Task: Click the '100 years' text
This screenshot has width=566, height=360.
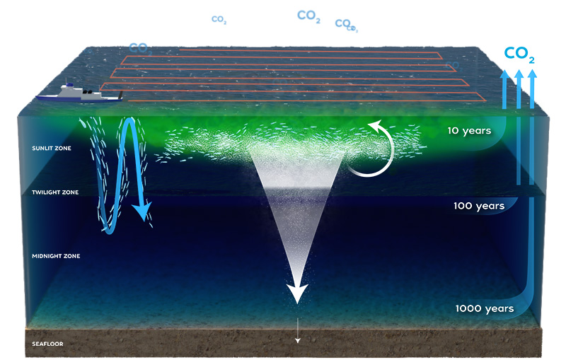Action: point(478,207)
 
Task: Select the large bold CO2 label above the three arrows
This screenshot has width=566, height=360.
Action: point(519,54)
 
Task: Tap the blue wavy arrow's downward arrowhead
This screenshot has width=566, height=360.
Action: point(146,211)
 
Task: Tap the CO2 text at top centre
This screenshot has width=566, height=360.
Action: point(309,16)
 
